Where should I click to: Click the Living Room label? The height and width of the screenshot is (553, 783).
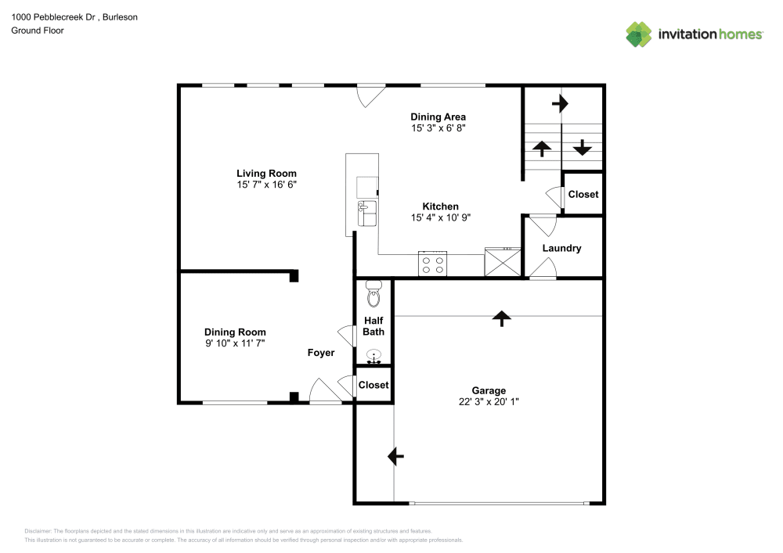point(266,174)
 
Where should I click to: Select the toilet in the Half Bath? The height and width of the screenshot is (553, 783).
point(373,296)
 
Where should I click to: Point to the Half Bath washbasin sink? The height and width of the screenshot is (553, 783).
point(374,355)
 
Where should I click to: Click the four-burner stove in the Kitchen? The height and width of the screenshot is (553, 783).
point(432,264)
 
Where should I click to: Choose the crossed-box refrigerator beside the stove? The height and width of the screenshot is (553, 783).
point(503,261)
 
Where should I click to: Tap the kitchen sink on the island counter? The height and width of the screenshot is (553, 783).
point(366,213)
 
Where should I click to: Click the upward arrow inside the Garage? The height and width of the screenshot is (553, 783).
point(501,317)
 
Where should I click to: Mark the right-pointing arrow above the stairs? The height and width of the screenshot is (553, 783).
point(560,102)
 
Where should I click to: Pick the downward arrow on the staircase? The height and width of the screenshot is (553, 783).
point(583,147)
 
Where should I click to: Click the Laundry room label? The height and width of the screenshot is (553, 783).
point(562,249)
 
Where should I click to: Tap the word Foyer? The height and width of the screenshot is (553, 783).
point(320,353)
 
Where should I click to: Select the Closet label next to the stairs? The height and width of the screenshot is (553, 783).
point(583,194)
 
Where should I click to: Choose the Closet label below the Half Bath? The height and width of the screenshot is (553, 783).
point(373,385)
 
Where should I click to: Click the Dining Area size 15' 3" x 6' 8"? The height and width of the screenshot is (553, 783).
point(438,127)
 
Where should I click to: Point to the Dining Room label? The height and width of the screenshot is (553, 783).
point(235,332)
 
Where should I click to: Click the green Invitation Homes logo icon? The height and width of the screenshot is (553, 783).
point(638,34)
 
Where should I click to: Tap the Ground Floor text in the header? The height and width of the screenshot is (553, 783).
point(38,31)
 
